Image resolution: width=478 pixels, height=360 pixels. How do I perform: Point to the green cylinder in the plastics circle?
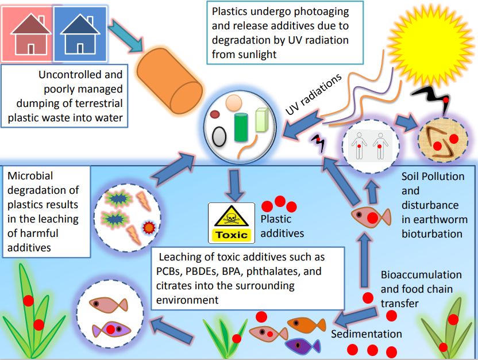(x=241, y=128)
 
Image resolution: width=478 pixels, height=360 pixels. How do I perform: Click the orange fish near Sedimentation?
(x=305, y=325)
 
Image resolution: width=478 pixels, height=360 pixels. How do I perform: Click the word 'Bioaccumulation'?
(x=421, y=274)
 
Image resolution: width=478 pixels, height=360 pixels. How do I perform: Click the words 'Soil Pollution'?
(x=433, y=177)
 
